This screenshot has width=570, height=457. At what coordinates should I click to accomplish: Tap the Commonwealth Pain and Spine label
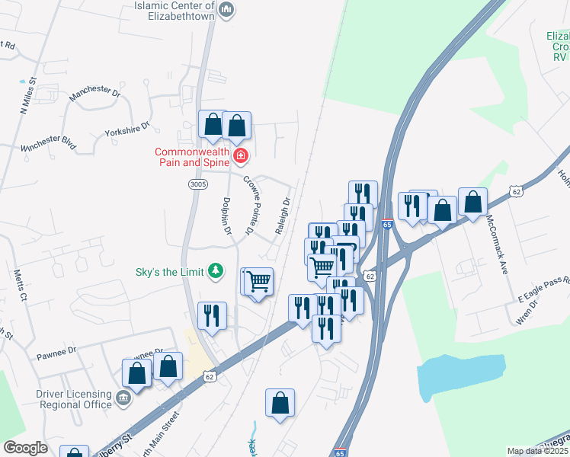pos(193,156)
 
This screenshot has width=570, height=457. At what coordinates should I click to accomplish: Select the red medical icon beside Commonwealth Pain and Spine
pos(241,157)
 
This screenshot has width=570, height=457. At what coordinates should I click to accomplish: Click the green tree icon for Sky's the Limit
pos(216,270)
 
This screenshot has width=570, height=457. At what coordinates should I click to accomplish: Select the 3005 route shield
pos(197,184)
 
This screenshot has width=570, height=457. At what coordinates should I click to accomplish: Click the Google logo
pos(25,448)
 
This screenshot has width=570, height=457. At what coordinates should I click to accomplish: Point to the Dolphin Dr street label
pos(226,217)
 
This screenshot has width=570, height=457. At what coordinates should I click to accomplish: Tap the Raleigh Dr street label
pos(283,216)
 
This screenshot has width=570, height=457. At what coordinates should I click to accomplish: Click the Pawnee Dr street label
pos(57,352)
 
